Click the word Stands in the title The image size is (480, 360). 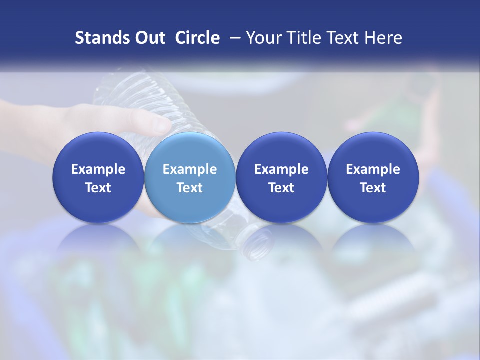[101, 38]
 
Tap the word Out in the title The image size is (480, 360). [149, 38]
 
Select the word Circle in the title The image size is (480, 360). [197, 38]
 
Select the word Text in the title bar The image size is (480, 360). [345, 38]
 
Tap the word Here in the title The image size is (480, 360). [383, 38]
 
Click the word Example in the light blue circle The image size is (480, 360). [190, 169]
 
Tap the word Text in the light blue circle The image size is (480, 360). [190, 188]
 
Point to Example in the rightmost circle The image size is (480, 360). [373, 169]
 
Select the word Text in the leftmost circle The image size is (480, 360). [98, 188]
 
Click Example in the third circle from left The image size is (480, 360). [281, 169]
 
